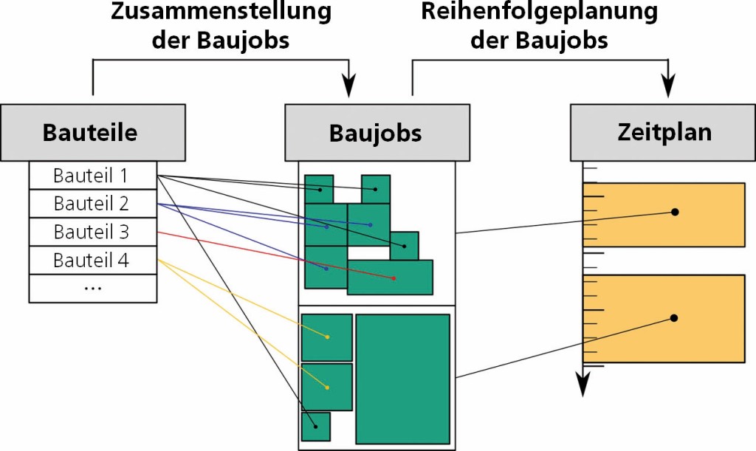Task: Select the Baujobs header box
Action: pyautogui.click(x=377, y=133)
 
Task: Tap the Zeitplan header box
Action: pyautogui.click(x=664, y=133)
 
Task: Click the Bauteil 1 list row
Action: pyautogui.click(x=92, y=176)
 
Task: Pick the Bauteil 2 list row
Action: pyautogui.click(x=92, y=203)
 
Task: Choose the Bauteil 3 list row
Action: pyautogui.click(x=92, y=232)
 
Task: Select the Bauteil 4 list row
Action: pyautogui.click(x=92, y=260)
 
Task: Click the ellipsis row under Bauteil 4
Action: pyautogui.click(x=92, y=288)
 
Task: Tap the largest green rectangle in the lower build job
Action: pyautogui.click(x=403, y=378)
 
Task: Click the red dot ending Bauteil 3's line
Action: pyautogui.click(x=394, y=278)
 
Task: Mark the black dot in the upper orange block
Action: pyautogui.click(x=674, y=212)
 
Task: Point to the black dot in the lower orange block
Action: pyautogui.click(x=674, y=318)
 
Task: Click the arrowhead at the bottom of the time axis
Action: pyautogui.click(x=583, y=385)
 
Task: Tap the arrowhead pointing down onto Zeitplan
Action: pyautogui.click(x=669, y=87)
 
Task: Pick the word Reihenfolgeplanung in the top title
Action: pyautogui.click(x=539, y=12)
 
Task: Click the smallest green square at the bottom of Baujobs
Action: pyautogui.click(x=315, y=427)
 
